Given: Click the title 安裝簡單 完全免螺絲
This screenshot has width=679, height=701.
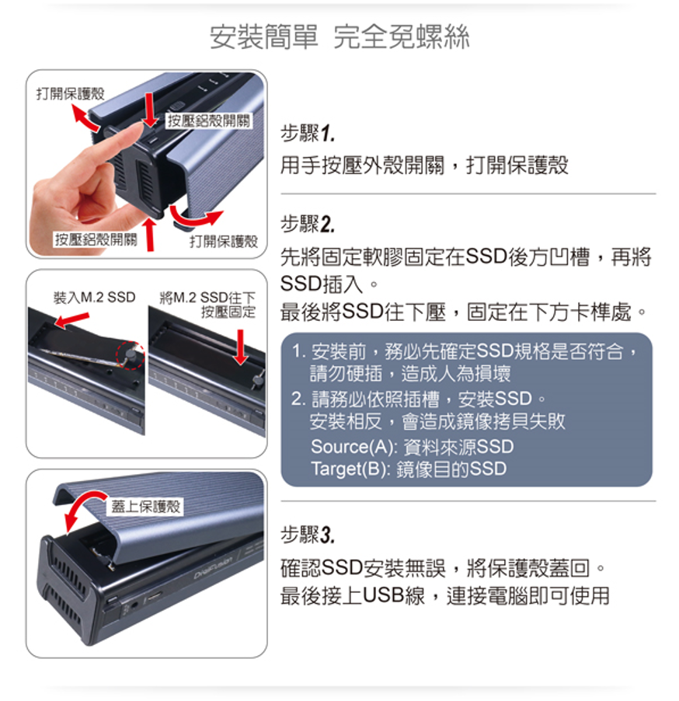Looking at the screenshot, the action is coord(339,37).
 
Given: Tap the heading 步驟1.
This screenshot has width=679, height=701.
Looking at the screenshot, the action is coord(308,133).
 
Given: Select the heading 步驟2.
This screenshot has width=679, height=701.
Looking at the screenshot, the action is coord(308,224).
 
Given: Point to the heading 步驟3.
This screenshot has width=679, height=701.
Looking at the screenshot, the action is coord(308,535).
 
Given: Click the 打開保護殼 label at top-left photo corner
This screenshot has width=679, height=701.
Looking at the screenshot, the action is coord(70,93).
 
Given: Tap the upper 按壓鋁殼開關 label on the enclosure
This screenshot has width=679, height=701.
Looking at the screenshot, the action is coord(209,120).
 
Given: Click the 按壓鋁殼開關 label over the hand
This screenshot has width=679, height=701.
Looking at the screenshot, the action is coord(96,239).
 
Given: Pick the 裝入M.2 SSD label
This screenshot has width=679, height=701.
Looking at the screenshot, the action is coord(94,298).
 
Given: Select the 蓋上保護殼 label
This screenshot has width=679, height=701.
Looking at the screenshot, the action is coord(146,506).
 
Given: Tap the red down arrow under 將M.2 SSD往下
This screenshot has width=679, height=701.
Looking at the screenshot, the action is coord(241,347).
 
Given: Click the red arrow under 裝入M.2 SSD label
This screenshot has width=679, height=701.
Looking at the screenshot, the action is coord(71,319).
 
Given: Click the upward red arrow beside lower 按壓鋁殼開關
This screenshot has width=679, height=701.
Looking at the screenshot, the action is coord(150,233).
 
